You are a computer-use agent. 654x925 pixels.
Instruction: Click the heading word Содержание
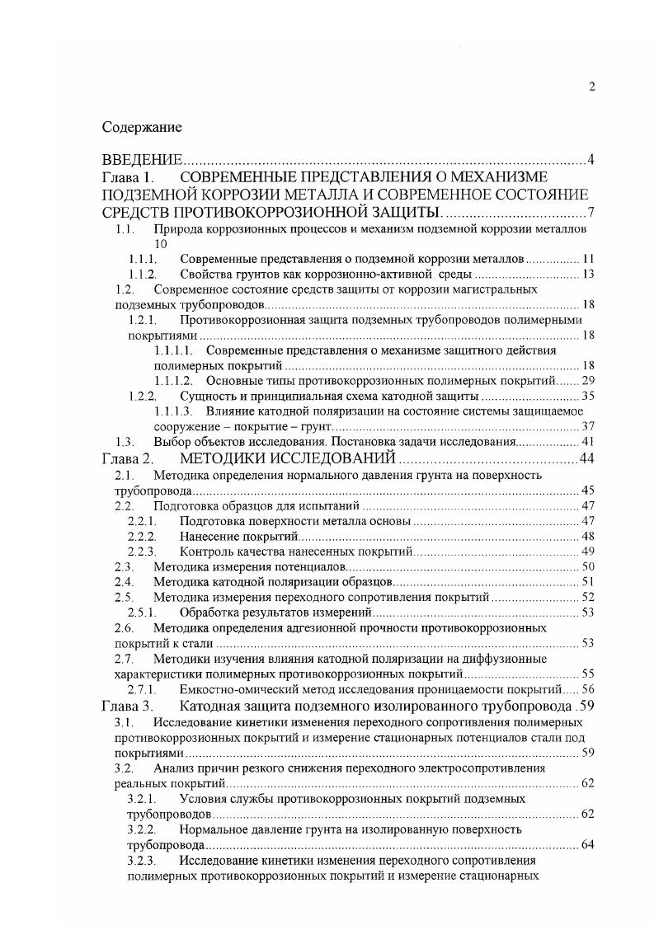pyautogui.click(x=141, y=128)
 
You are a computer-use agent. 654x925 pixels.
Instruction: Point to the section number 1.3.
pyautogui.click(x=125, y=442)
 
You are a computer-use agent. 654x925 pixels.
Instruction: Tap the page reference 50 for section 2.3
pyautogui.click(x=588, y=566)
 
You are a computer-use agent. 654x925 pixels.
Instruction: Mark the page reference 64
pyautogui.click(x=588, y=845)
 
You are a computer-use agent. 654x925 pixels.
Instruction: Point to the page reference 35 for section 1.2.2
pyautogui.click(x=588, y=396)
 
